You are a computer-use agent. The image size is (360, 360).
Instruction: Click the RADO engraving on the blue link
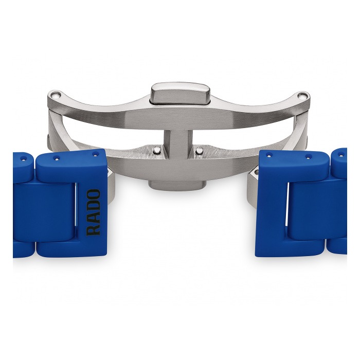(x=94, y=212)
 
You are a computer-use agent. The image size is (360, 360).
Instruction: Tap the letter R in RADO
(x=94, y=230)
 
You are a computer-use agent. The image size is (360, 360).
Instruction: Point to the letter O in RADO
(x=94, y=194)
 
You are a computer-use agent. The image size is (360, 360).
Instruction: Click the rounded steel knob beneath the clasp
(x=177, y=185)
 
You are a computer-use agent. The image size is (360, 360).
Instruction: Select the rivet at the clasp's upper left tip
(x=55, y=95)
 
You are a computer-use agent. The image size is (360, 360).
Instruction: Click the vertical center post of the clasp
(x=177, y=143)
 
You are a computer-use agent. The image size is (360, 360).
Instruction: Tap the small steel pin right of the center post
(x=200, y=150)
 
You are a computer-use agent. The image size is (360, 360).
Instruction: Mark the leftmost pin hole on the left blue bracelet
(x=23, y=158)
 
